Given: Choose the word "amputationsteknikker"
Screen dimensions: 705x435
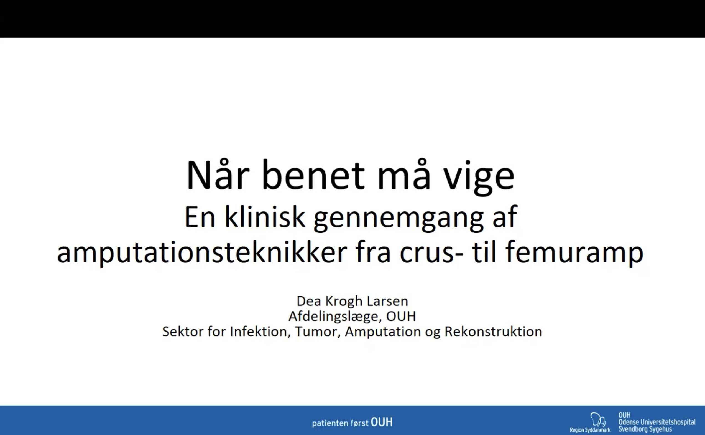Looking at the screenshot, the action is tap(202, 252).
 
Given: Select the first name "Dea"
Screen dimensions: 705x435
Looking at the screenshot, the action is tap(309, 301).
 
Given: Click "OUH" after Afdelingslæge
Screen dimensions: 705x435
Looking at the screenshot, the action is tap(401, 317).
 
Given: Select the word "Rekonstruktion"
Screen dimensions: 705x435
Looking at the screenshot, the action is tap(494, 332).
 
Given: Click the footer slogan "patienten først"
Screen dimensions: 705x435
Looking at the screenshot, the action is tap(340, 423).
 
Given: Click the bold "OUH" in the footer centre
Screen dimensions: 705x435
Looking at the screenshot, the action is tap(382, 422).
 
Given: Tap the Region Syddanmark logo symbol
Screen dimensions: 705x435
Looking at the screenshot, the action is tap(598, 419).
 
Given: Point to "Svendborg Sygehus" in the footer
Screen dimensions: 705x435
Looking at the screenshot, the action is tap(645, 429).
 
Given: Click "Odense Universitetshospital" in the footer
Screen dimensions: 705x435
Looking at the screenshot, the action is tap(657, 422).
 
